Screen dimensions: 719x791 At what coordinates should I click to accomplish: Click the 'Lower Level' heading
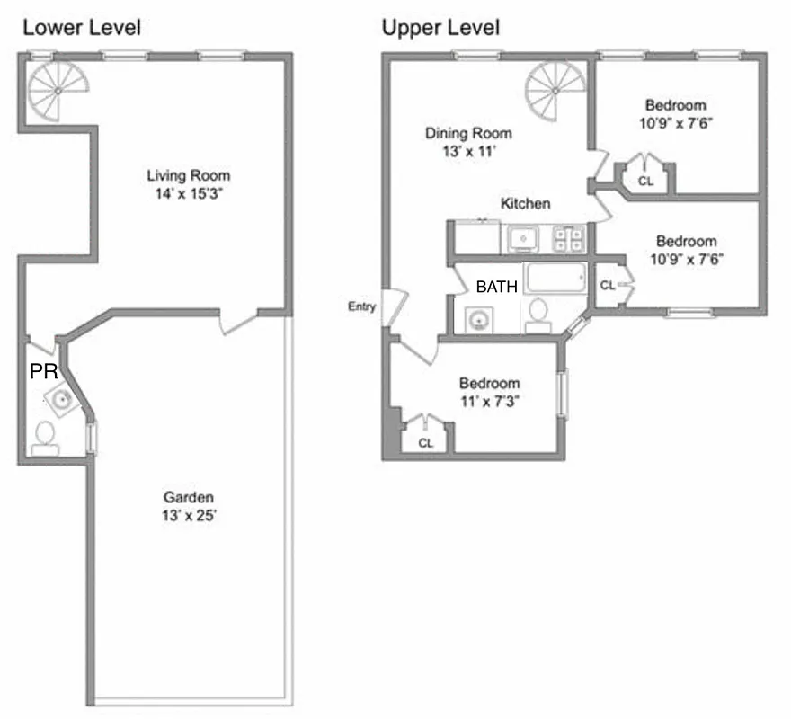pyautogui.click(x=81, y=27)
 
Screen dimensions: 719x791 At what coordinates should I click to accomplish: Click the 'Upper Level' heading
pyautogui.click(x=440, y=27)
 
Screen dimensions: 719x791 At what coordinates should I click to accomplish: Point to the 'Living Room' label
pyautogui.click(x=189, y=175)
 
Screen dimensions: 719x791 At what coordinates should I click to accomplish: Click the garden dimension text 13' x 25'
pyautogui.click(x=189, y=516)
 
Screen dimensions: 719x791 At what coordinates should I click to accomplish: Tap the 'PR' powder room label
pyautogui.click(x=44, y=372)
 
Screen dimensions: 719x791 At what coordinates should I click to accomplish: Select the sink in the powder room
pyautogui.click(x=61, y=400)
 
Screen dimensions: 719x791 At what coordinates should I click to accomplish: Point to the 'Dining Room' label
pyautogui.click(x=468, y=134)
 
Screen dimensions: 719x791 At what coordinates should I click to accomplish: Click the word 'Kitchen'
pyautogui.click(x=525, y=204)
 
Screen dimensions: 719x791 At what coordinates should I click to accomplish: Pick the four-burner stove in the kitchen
pyautogui.click(x=568, y=238)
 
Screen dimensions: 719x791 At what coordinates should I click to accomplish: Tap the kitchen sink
pyautogui.click(x=522, y=238)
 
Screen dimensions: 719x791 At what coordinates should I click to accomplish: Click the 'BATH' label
pyautogui.click(x=496, y=288)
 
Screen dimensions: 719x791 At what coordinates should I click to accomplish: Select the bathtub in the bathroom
pyautogui.click(x=555, y=278)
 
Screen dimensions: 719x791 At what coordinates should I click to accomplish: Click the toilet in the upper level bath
pyautogui.click(x=538, y=315)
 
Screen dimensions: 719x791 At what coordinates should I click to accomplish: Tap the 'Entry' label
pyautogui.click(x=360, y=307)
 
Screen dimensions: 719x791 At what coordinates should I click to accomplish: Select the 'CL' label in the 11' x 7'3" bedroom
pyautogui.click(x=425, y=443)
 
